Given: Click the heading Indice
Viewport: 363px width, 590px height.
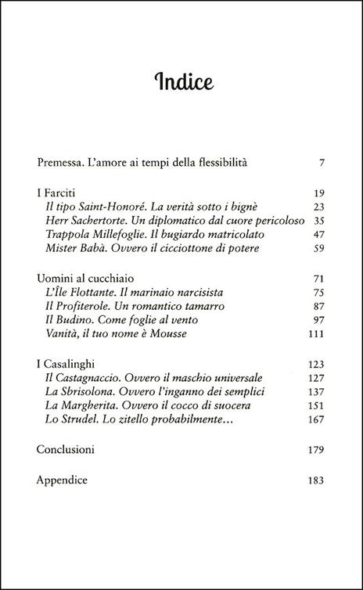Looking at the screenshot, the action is pyautogui.click(x=181, y=82).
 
